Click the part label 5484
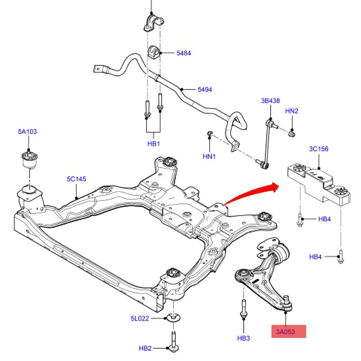click(184, 53)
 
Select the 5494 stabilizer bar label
click(205, 89)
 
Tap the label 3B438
click(270, 101)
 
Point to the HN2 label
click(292, 111)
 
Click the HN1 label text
click(209, 157)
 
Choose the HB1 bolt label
click(153, 144)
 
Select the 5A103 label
click(27, 131)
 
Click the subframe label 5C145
click(77, 179)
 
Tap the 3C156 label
click(319, 149)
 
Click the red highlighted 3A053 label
click(289, 331)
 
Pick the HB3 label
click(244, 338)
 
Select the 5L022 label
click(140, 318)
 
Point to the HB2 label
click(145, 348)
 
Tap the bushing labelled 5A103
click(29, 160)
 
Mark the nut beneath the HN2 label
click(292, 134)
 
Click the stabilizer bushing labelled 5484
click(153, 52)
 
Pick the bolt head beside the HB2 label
click(174, 348)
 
